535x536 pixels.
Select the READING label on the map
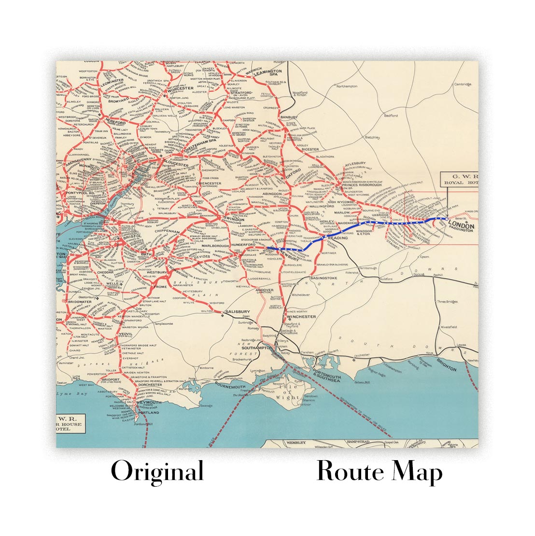(x=337, y=238)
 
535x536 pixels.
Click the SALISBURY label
(x=238, y=312)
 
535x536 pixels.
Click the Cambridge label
(x=462, y=84)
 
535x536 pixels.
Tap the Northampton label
(x=347, y=86)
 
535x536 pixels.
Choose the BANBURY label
(x=289, y=117)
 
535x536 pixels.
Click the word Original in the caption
(x=157, y=471)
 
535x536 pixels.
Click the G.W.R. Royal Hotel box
(x=458, y=179)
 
